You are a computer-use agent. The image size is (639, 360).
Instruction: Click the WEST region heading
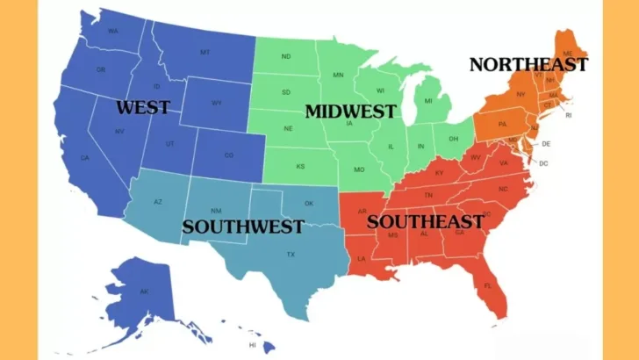coord(143,107)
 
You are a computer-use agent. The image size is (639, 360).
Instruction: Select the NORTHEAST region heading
coord(528,64)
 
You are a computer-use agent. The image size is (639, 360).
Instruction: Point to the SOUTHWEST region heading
coord(243,227)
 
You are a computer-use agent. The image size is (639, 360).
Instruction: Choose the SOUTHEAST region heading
coord(426,221)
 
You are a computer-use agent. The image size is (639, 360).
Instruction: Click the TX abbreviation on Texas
coord(291,255)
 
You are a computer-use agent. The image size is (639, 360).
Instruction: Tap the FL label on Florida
coord(489,286)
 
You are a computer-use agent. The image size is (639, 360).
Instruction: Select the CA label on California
coord(85,158)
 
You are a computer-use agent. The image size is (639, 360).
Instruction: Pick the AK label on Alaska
coord(144,292)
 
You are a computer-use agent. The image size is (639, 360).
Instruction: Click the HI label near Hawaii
coord(253,345)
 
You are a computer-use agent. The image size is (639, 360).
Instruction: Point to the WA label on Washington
coord(113,32)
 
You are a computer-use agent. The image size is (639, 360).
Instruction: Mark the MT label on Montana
coord(205,53)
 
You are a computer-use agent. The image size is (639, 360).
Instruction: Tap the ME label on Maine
coord(568,53)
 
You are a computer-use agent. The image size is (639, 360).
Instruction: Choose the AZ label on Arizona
coord(158,202)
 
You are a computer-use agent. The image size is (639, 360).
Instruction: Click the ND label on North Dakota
coord(286,57)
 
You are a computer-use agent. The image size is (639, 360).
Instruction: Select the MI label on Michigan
coord(428,102)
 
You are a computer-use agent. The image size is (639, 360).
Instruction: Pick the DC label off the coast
coord(543,163)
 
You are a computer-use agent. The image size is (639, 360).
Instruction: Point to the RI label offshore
coord(568,115)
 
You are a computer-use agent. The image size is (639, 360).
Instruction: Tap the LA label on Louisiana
coord(361,259)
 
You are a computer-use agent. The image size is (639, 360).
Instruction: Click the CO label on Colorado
coord(229,155)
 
